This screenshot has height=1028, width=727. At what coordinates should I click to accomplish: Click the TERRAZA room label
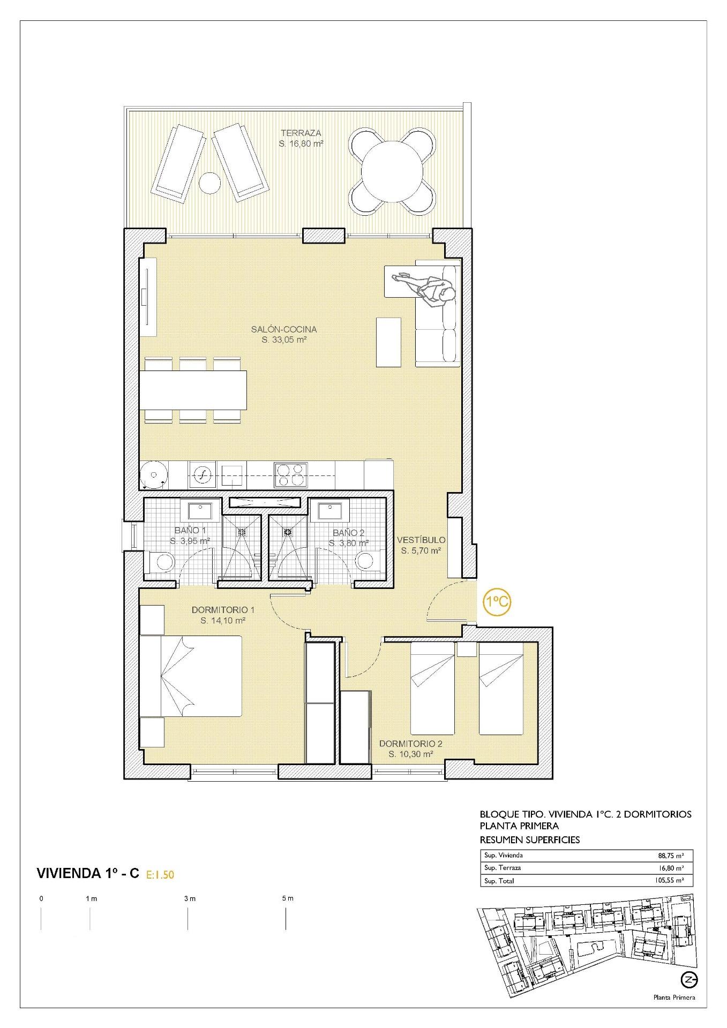coord(301,133)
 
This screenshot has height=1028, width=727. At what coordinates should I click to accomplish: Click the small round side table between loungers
coord(209,183)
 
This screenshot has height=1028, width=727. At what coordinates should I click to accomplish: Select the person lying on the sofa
coord(426,286)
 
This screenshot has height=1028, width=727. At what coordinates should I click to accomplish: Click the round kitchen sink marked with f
coord(203,474)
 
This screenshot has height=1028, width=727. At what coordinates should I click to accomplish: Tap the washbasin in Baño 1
coord(199,510)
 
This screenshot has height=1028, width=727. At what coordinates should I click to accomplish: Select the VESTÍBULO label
coord(421,540)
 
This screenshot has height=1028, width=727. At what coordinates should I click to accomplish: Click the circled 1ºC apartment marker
coord(497,602)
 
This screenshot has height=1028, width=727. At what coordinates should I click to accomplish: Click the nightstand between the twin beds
coord(466,649)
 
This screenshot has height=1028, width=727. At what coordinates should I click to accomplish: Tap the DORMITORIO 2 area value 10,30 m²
coord(410,754)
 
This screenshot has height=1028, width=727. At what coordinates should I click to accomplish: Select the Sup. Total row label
coord(499,881)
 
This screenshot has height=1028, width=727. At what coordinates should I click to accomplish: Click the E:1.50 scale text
coord(160,875)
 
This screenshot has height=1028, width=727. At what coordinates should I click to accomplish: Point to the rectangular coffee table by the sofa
coord(388,342)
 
